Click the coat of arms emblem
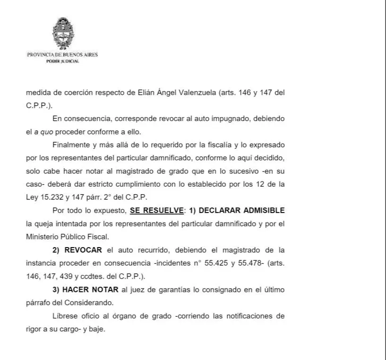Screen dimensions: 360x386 62,33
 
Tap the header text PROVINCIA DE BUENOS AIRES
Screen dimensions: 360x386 62,55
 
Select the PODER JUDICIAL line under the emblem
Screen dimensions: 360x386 62,61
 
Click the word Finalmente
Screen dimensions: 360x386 70,145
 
